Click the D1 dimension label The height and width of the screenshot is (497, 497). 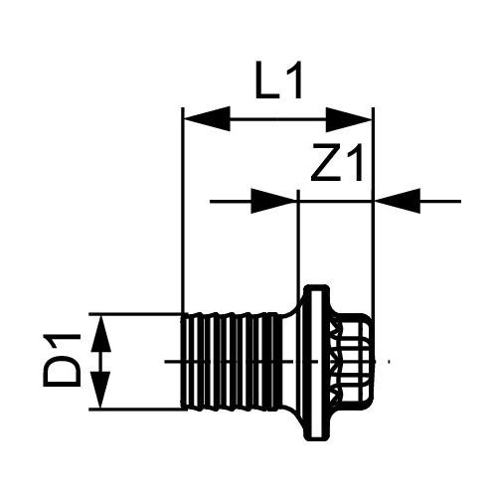point(63,360)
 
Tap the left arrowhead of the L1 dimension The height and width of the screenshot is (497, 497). point(207,118)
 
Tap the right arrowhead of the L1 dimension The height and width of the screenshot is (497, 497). point(350,118)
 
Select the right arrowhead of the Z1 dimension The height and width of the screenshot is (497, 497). point(398,201)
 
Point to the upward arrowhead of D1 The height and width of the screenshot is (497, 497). point(100,332)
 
